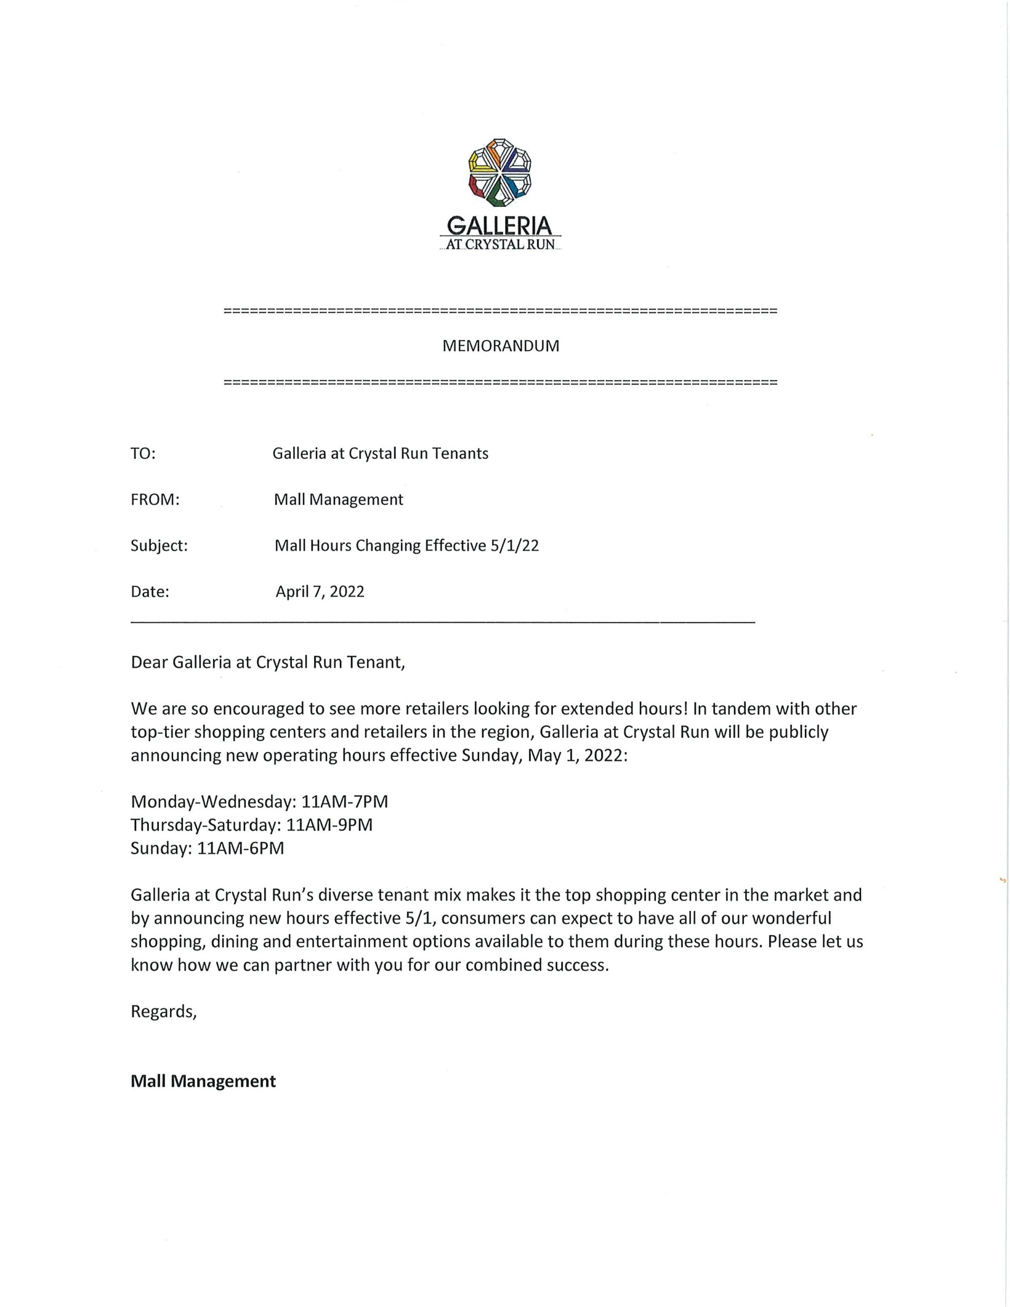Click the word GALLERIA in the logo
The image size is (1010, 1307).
[499, 225]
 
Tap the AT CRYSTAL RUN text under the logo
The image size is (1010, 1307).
[500, 245]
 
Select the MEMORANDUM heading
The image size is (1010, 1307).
[500, 346]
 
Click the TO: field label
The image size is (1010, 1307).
[143, 453]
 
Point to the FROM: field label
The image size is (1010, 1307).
[155, 500]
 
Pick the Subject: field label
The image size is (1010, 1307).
[159, 546]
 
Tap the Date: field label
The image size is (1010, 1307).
[150, 592]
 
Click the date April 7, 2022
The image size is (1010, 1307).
[320, 592]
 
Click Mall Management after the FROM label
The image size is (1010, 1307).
[338, 500]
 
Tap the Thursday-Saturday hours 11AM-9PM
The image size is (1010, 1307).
[329, 825]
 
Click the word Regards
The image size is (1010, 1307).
[163, 1012]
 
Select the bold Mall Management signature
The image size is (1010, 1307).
[203, 1081]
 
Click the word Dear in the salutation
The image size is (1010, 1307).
[149, 663]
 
